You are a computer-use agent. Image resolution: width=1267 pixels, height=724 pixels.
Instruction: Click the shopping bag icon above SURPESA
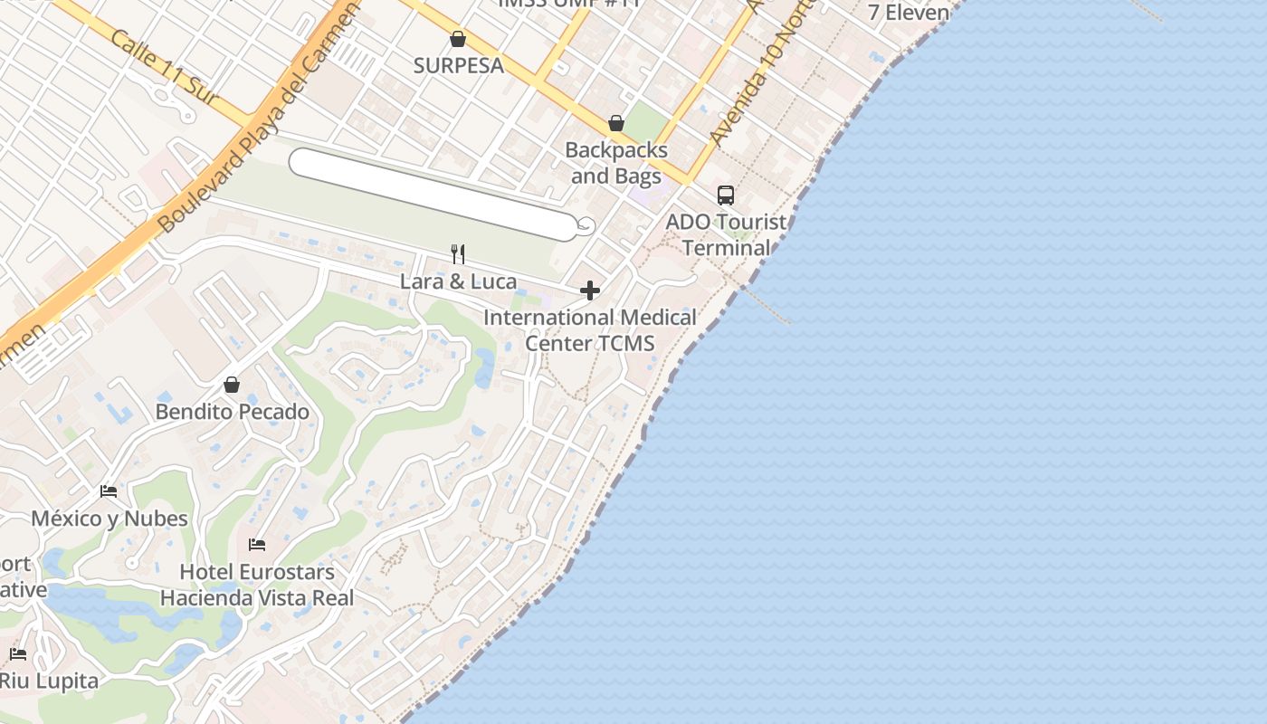click(x=458, y=39)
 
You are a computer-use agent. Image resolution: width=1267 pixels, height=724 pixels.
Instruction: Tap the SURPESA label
click(x=458, y=65)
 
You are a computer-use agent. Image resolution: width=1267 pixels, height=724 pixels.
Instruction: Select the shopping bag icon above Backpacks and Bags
click(x=616, y=123)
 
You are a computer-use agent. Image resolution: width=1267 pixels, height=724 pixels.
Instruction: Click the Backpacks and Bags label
click(x=616, y=163)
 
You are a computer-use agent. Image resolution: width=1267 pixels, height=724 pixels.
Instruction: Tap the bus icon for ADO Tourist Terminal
click(x=726, y=195)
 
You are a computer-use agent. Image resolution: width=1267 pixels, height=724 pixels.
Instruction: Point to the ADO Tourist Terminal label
click(x=726, y=234)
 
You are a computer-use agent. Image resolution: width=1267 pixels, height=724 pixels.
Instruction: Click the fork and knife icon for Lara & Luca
click(x=458, y=254)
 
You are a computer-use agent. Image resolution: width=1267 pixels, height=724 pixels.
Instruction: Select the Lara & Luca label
click(x=458, y=281)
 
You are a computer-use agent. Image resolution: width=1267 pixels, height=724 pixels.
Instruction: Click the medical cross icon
click(x=590, y=291)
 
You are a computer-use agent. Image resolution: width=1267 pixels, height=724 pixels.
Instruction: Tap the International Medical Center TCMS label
click(x=590, y=330)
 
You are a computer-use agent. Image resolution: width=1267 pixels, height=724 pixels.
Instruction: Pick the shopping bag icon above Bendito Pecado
click(x=232, y=385)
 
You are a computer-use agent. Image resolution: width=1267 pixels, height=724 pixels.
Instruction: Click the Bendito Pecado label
click(x=232, y=412)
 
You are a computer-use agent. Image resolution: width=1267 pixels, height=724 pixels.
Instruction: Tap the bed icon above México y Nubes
click(x=109, y=491)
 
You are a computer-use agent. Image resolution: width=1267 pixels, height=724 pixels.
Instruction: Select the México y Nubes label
click(x=110, y=519)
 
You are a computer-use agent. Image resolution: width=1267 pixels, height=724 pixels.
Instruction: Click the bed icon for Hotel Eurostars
click(x=257, y=545)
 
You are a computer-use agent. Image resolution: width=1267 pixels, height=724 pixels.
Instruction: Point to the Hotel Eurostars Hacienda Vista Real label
click(x=257, y=585)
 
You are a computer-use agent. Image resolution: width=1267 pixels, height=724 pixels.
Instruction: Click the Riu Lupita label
click(x=49, y=681)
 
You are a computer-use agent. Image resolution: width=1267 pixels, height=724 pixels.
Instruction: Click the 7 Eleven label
click(x=909, y=13)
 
